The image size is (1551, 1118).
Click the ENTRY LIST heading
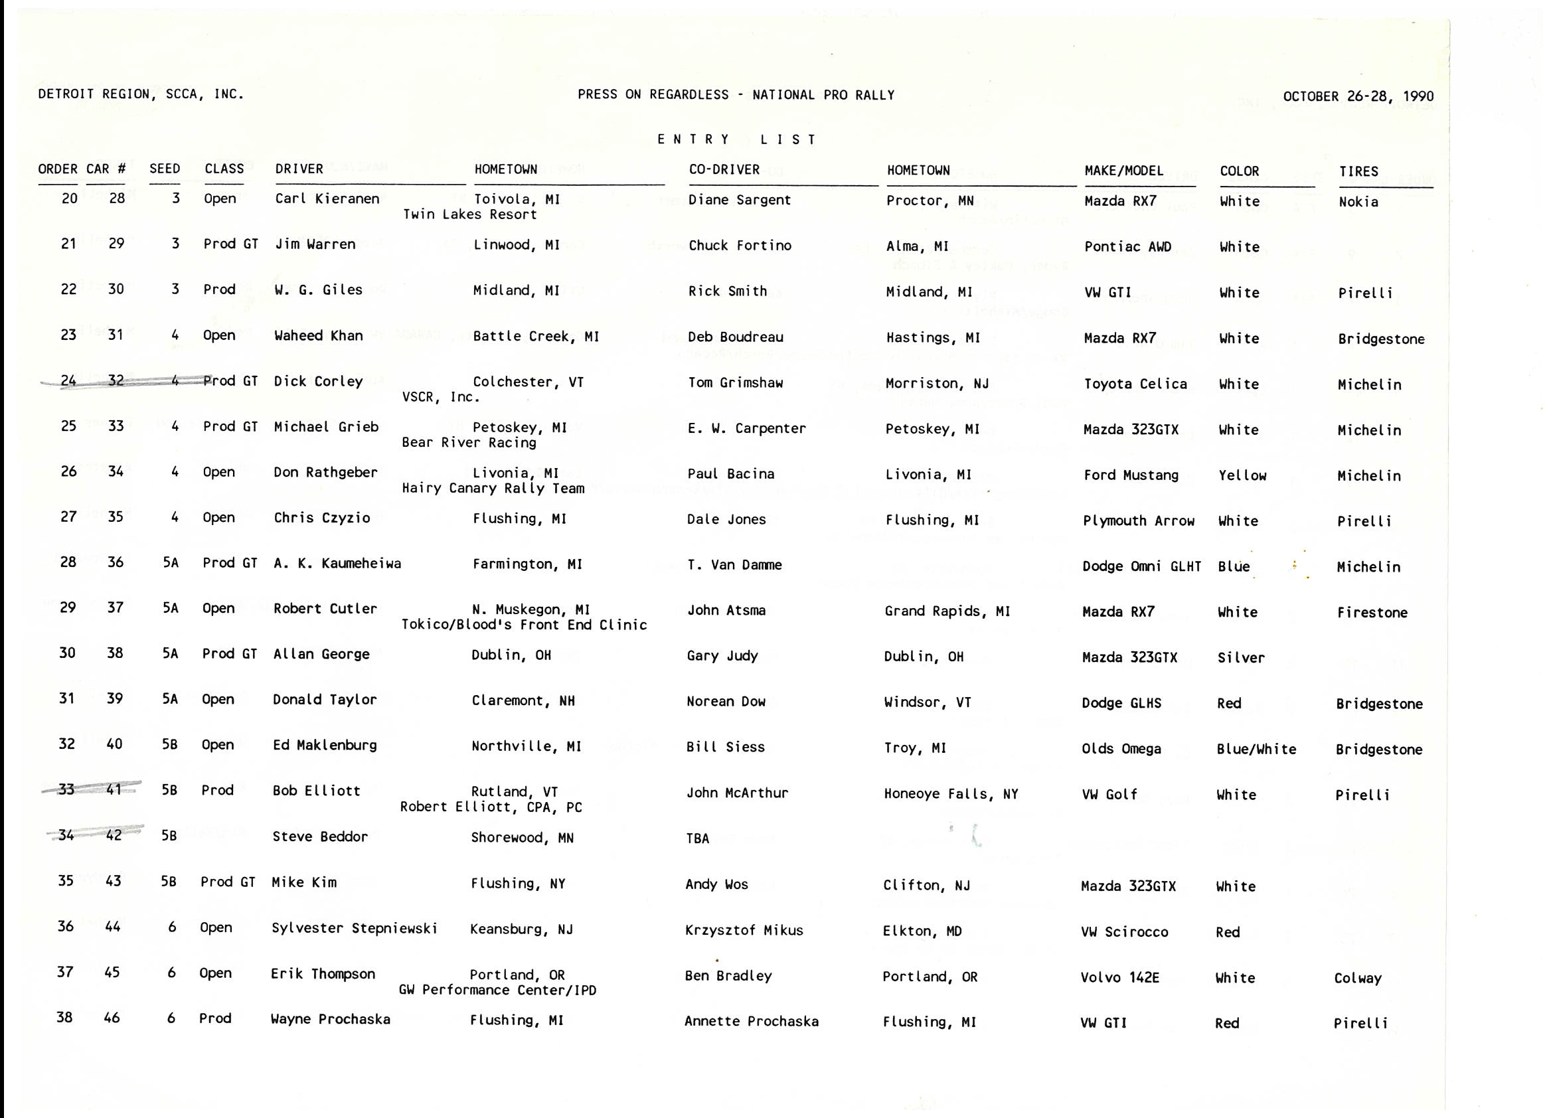[736, 139]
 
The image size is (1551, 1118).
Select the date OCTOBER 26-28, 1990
[1358, 96]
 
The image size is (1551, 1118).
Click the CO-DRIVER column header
[724, 169]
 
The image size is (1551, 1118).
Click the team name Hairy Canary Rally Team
[493, 488]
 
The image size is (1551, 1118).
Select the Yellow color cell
[1242, 475]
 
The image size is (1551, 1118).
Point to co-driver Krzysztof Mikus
[744, 930]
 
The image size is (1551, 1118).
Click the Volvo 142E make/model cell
[1119, 977]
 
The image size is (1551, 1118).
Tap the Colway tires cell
[1358, 979]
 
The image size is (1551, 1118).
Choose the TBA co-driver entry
[698, 838]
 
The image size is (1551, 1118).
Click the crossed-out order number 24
[68, 381]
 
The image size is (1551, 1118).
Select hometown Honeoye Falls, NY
[951, 794]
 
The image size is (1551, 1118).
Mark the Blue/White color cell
[1256, 749]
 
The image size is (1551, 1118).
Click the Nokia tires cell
[1358, 202]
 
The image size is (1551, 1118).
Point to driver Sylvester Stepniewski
[355, 928]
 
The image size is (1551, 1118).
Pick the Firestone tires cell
[1372, 613]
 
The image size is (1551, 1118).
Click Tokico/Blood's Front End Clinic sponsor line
[524, 625]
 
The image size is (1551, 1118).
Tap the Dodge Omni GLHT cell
[1141, 566]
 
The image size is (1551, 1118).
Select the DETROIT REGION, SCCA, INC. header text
[141, 94]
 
